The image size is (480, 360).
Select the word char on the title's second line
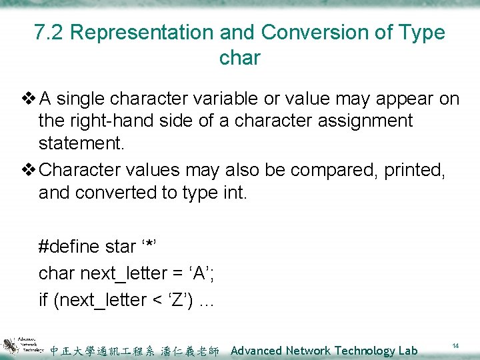tap(239, 58)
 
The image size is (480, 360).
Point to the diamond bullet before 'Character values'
tap(29, 171)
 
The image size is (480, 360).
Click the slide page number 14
tap(455, 346)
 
